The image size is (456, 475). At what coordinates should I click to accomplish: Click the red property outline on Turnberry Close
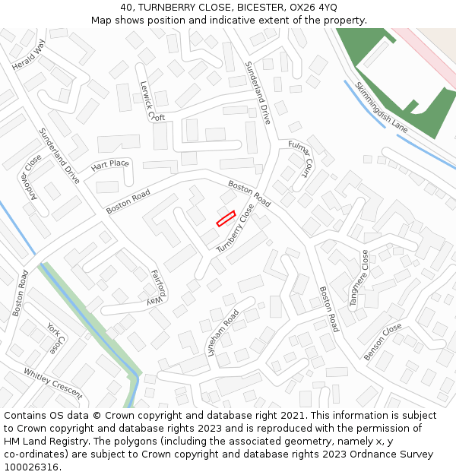[226, 218]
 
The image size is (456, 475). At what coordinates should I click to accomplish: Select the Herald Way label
[29, 55]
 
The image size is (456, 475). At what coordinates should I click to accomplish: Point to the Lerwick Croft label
[152, 102]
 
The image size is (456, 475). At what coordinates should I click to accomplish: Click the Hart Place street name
[109, 164]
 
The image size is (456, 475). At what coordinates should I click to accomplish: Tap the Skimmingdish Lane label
[381, 108]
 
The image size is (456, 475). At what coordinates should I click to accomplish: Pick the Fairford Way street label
[157, 287]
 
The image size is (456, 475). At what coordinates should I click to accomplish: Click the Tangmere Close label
[359, 279]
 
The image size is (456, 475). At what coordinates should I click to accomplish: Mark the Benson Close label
[382, 342]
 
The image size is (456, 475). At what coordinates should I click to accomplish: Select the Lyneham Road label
[223, 333]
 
